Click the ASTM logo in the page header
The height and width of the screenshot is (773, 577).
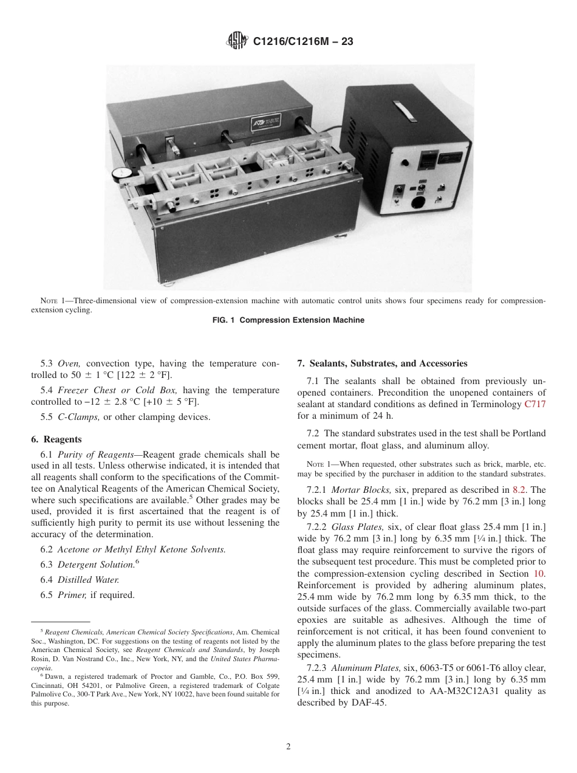[x=236, y=41]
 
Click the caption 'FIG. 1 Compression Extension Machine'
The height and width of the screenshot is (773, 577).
[x=288, y=320]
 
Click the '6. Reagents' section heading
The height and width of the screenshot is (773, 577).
[x=56, y=439]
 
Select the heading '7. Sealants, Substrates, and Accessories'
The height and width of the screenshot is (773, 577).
[x=382, y=363]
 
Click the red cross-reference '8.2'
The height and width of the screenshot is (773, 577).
[x=521, y=490]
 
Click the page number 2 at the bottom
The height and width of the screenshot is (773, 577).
[x=288, y=747]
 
